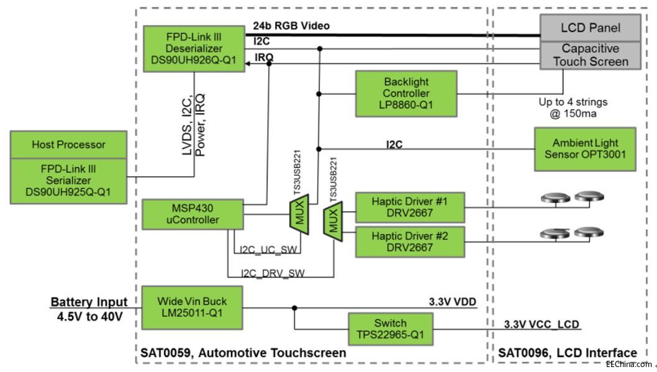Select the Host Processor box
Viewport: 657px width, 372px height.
click(x=68, y=144)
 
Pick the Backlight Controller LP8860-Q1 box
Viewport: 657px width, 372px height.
click(x=406, y=93)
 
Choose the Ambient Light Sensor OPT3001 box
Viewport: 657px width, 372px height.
click(x=585, y=150)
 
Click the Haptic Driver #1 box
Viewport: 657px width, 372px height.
click(x=409, y=207)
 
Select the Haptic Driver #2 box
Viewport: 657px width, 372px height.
click(x=409, y=242)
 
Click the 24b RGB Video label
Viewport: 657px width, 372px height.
click(x=291, y=26)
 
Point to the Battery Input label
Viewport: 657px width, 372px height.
click(x=89, y=302)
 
